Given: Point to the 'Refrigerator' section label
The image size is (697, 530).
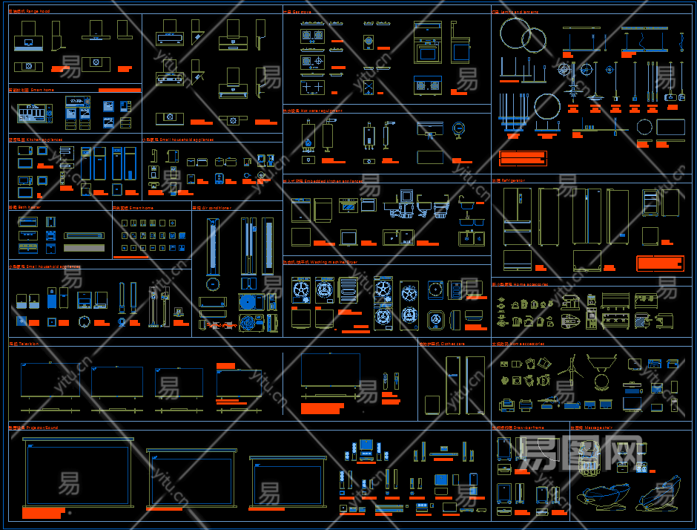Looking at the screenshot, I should click(x=509, y=180).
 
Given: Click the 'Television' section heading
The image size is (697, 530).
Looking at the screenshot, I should click(x=24, y=344).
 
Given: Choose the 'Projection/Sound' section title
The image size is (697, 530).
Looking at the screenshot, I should click(x=33, y=428).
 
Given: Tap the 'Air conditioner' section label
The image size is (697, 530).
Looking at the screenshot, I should click(x=212, y=209).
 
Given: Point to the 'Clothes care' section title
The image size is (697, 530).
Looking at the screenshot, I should click(x=442, y=344).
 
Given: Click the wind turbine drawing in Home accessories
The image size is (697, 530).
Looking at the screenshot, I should click(x=569, y=368).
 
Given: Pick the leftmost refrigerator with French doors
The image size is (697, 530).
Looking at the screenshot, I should click(x=517, y=217).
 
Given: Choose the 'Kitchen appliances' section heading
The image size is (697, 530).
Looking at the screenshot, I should click(x=36, y=140).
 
